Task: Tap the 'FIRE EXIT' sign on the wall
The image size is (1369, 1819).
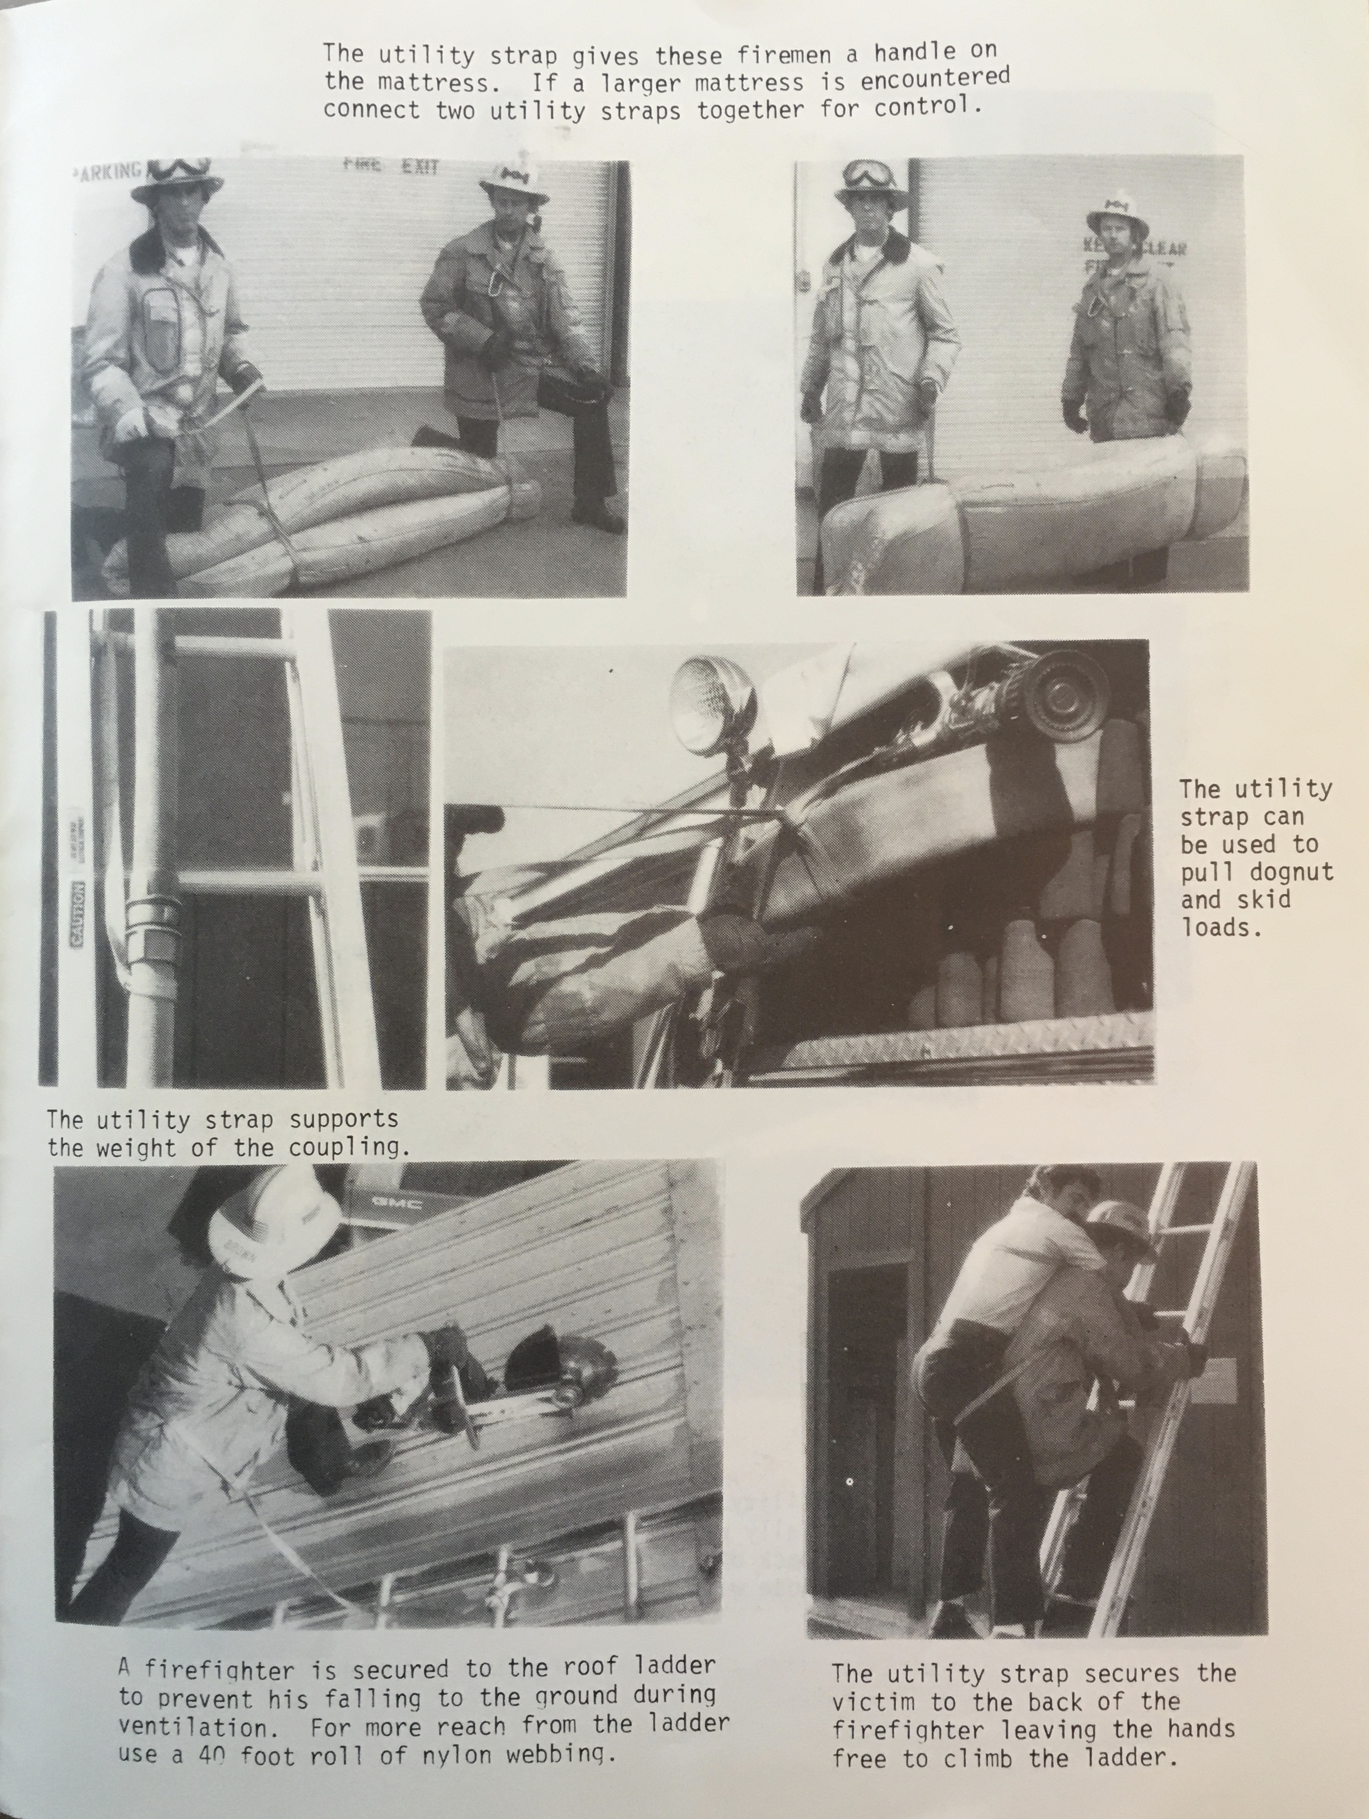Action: [x=391, y=165]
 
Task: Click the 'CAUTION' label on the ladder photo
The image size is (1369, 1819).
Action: [x=79, y=914]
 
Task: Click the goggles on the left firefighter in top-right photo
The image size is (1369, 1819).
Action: [x=869, y=175]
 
